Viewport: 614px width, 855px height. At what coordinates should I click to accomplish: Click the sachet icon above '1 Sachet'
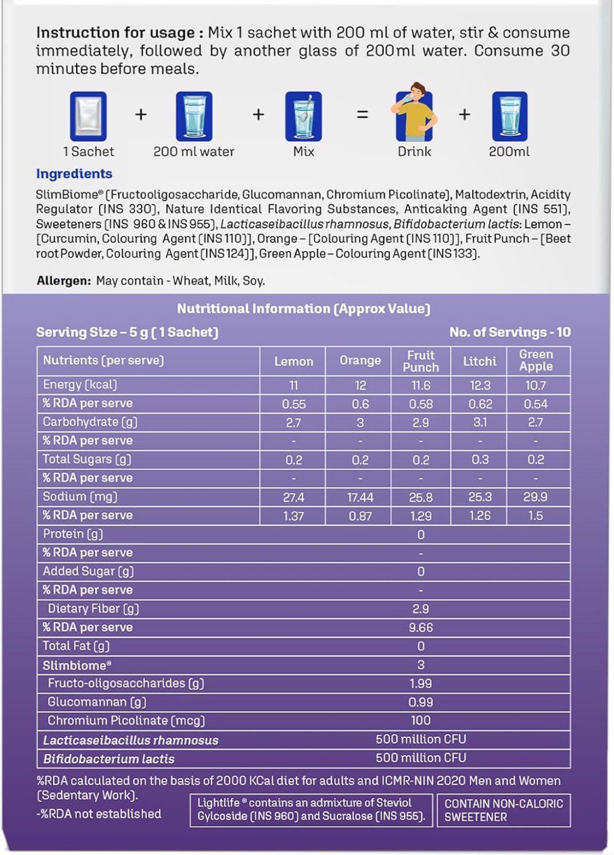88,117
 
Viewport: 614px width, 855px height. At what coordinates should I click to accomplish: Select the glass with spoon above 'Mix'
303,117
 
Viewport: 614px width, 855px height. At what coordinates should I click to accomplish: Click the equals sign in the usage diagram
362,114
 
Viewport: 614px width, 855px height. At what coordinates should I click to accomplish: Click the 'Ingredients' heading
74,174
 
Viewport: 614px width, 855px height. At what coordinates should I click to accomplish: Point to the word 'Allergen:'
64,281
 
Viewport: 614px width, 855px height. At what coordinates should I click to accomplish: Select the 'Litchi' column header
480,361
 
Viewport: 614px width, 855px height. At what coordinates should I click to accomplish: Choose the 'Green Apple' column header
536,361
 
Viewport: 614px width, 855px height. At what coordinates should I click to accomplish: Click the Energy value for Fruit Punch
420,385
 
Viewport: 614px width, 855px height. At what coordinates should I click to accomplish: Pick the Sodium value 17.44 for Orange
360,497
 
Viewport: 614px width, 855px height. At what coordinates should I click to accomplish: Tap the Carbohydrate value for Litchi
480,423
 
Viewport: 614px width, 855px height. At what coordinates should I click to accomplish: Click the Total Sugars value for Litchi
480,460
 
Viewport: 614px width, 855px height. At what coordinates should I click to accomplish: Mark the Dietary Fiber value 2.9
420,609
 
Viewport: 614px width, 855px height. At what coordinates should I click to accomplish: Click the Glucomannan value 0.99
420,702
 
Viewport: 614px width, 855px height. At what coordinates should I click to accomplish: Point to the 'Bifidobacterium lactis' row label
109,759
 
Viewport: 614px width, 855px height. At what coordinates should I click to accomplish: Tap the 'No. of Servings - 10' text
510,332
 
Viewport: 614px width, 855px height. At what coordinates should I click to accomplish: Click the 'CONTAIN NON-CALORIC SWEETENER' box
503,810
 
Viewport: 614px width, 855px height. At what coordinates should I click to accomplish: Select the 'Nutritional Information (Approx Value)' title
303,309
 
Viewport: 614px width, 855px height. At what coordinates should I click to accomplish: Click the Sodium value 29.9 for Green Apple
535,497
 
